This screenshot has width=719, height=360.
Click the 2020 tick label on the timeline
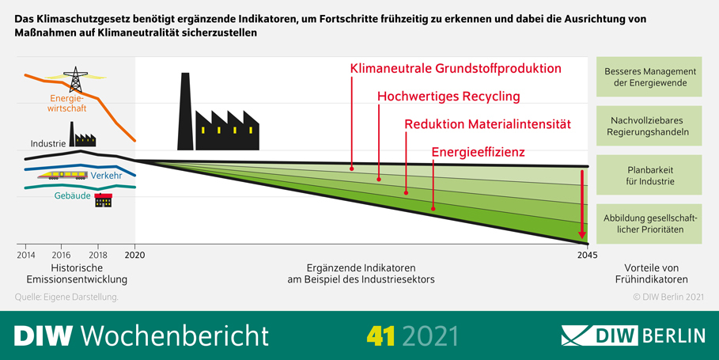[135, 255]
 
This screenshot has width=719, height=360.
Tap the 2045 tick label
[587, 255]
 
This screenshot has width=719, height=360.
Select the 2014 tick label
[25, 255]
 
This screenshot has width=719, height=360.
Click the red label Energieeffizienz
[479, 152]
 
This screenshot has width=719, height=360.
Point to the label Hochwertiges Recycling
[448, 97]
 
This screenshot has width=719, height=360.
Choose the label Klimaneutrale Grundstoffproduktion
[456, 69]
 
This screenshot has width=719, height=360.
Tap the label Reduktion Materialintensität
[487, 124]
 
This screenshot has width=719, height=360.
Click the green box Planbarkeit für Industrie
[649, 175]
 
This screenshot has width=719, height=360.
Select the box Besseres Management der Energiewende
[649, 77]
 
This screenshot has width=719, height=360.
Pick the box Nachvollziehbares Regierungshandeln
[649, 126]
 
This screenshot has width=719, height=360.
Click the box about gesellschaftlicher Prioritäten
[649, 224]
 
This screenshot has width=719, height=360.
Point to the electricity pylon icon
[76, 80]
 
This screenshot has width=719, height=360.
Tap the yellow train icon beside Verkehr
[64, 175]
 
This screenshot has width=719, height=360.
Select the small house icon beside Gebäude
[103, 199]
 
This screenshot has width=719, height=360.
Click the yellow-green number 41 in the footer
[381, 335]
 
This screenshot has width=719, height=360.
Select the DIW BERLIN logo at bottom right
[633, 335]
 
